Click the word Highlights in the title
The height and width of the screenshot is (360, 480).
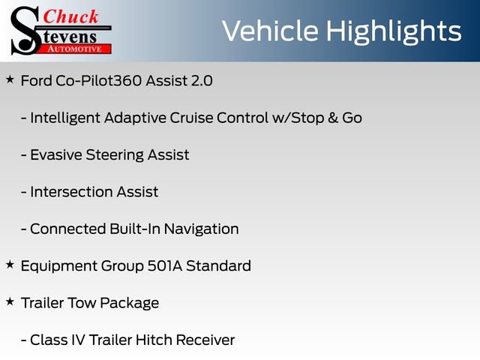point(396,31)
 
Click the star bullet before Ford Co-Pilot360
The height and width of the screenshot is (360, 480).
point(10,79)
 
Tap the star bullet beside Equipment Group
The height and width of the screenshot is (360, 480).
point(10,264)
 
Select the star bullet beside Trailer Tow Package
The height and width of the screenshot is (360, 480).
point(10,301)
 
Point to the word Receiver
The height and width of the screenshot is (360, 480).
point(205,340)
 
